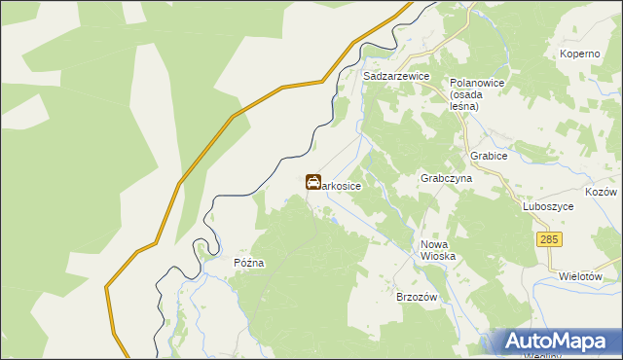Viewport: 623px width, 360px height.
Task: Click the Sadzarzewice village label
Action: pyautogui.click(x=397, y=75)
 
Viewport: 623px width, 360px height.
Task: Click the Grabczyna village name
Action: pyautogui.click(x=446, y=179)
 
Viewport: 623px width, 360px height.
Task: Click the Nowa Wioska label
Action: pyautogui.click(x=438, y=250)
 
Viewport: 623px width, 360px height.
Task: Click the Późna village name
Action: pyautogui.click(x=249, y=263)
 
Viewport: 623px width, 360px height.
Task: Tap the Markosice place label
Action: pyautogui.click(x=342, y=185)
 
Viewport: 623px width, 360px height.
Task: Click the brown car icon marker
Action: pyautogui.click(x=313, y=182)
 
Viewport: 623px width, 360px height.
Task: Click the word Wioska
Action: pyautogui.click(x=438, y=256)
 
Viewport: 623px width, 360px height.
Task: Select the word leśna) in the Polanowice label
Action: pyautogui.click(x=466, y=106)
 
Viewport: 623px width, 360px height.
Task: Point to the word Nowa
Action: pyautogui.click(x=434, y=244)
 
